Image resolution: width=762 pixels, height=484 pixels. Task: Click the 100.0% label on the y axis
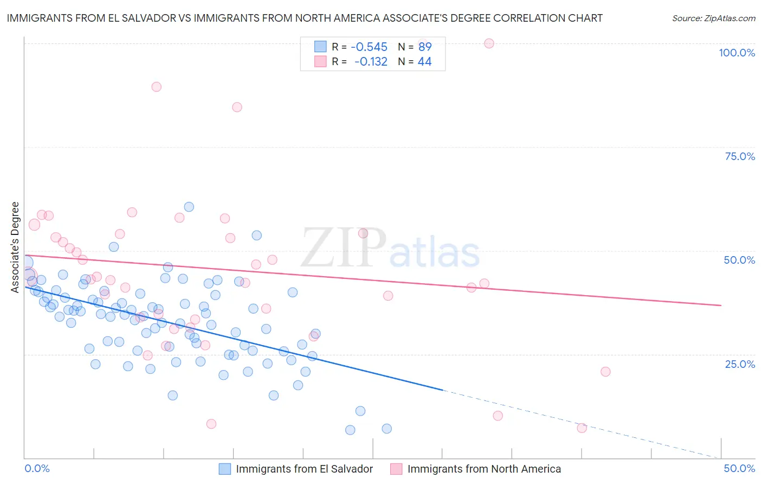(737, 53)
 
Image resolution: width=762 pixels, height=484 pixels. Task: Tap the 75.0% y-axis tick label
(740, 156)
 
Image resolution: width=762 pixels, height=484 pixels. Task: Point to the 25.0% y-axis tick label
(740, 364)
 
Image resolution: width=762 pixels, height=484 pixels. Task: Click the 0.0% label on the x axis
(37, 468)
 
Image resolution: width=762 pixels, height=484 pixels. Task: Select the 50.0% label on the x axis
(739, 468)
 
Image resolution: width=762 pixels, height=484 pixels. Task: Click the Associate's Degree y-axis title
(15, 247)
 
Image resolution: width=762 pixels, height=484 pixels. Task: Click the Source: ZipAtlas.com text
(713, 18)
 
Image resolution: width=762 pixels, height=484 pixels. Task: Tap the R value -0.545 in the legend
(369, 47)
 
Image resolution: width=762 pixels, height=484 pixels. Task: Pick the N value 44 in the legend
(424, 62)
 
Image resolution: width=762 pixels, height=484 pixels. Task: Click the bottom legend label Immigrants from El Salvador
(304, 469)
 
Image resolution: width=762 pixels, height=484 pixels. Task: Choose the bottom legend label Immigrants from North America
(483, 469)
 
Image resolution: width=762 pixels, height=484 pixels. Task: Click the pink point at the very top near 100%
(489, 43)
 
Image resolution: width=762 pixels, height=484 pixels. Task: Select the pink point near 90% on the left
(157, 87)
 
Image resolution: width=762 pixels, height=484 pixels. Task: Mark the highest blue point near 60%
(189, 207)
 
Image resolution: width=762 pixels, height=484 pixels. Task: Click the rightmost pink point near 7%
(582, 428)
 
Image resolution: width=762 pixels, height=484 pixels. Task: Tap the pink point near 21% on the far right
(605, 372)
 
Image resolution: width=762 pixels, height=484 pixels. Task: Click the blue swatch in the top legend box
(320, 47)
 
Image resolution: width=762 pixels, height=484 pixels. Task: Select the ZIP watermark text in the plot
(344, 249)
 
